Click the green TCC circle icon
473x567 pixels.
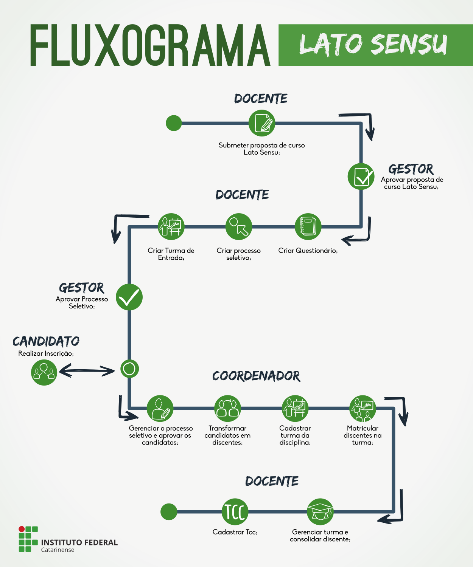coord(235,512)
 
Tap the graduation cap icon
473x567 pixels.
coord(320,512)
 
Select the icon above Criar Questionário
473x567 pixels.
coord(308,226)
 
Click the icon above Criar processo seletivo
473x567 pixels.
coord(239,226)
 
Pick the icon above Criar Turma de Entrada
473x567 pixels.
coord(171,226)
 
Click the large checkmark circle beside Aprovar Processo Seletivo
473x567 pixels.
coord(129,297)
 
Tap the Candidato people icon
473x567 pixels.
coord(44,372)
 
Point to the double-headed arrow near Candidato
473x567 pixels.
coord(87,371)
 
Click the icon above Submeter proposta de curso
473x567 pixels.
coord(262,123)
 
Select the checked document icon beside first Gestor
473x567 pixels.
coord(361,177)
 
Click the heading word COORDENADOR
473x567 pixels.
coord(256,376)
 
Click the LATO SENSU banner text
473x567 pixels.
coord(373,45)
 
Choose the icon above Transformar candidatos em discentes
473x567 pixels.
coord(227,409)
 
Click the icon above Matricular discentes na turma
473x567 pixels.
coord(363,409)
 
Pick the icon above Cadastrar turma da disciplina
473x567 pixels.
coord(295,409)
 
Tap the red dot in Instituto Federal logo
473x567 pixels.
coord(22,529)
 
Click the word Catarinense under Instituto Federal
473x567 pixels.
coord(58,550)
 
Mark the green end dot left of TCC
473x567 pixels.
coord(169,512)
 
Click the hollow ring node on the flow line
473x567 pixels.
coord(129,369)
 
